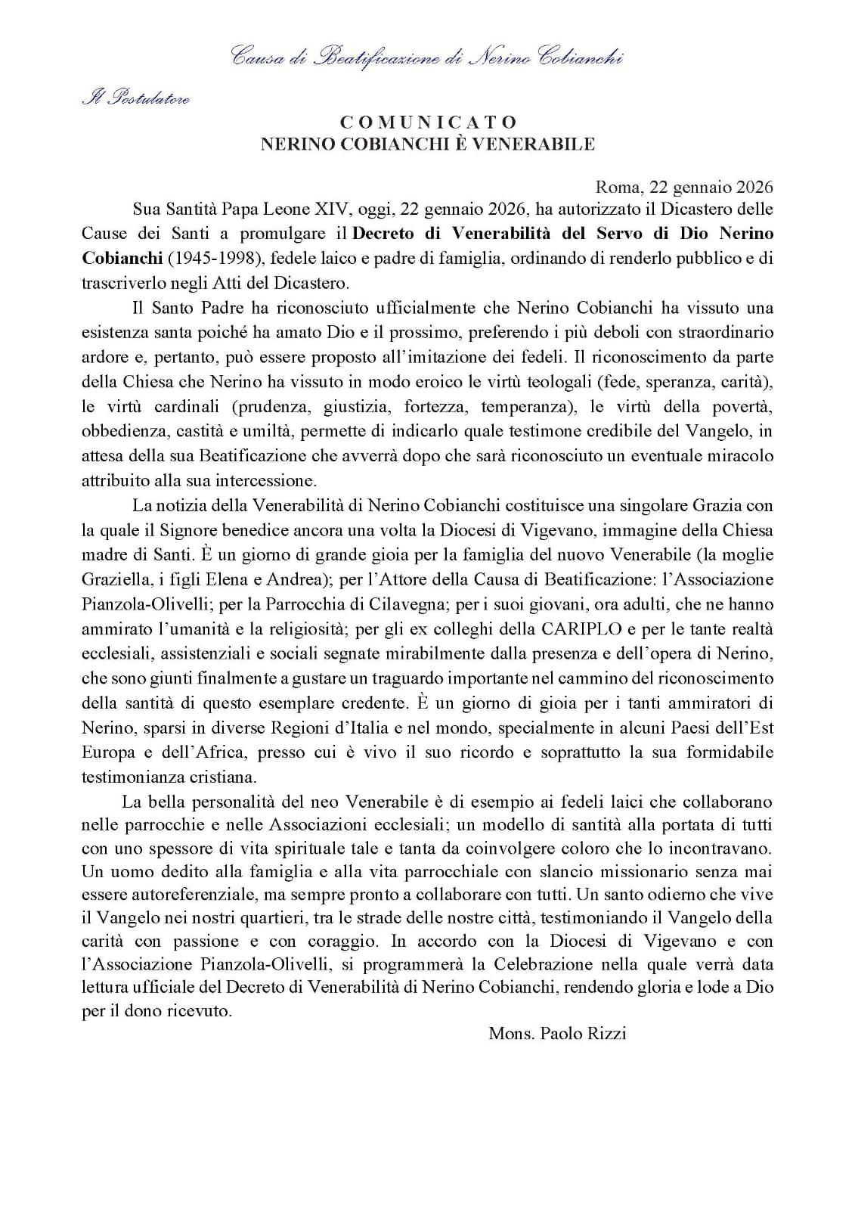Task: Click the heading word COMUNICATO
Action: pos(428,122)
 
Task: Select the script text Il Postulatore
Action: pos(135,98)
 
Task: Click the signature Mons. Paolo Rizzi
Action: pos(557,1034)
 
